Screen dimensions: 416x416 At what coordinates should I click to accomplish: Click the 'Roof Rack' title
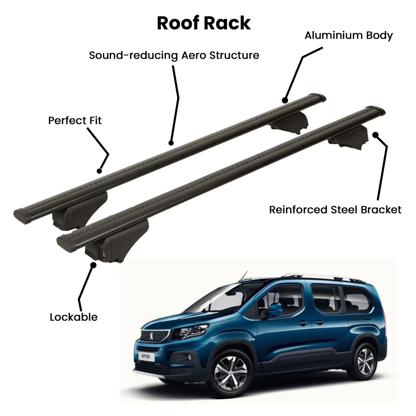[x=204, y=23]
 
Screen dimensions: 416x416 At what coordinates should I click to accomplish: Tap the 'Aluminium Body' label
[x=348, y=36]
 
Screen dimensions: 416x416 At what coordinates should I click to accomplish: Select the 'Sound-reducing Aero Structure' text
[x=174, y=55]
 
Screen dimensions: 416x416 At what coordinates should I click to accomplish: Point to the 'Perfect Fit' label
[x=75, y=120]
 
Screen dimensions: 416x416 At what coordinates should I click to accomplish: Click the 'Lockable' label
[x=73, y=317]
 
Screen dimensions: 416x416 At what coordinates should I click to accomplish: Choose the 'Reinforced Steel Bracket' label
[x=335, y=210]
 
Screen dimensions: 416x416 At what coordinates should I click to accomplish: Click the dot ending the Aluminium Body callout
[x=285, y=101]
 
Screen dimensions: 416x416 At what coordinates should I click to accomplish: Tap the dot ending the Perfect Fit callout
[x=99, y=171]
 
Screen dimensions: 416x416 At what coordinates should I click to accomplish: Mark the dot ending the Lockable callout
[x=93, y=265]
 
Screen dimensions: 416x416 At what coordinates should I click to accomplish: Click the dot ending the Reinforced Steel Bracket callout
[x=375, y=135]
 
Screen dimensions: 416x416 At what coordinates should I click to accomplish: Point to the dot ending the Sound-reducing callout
[x=171, y=143]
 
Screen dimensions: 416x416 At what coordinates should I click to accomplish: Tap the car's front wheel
[x=231, y=374]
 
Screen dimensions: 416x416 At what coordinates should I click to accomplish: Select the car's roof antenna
[x=244, y=275]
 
